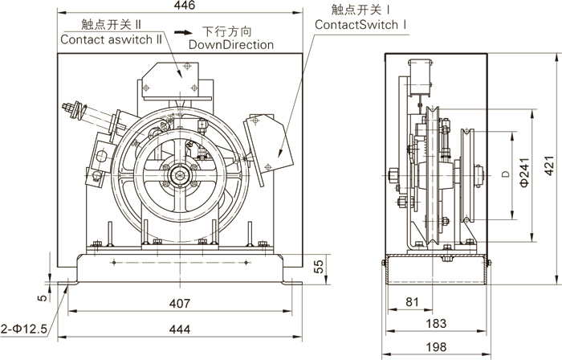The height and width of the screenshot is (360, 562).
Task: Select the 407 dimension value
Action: click(180, 304)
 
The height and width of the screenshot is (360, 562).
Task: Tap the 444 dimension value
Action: click(180, 329)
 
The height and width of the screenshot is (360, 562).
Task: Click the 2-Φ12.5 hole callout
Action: click(26, 329)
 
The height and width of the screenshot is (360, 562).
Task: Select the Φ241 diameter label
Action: click(524, 173)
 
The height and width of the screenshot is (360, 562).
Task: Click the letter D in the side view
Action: click(504, 173)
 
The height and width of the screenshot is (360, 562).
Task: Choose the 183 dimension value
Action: click(434, 323)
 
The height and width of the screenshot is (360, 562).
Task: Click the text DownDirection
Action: click(231, 45)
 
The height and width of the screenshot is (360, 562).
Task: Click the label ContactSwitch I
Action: click(362, 25)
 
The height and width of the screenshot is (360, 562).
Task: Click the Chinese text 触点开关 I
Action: click(365, 10)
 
